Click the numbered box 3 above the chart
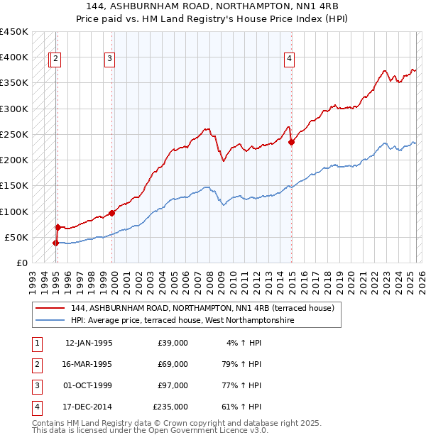click(110, 60)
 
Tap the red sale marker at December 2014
click(292, 142)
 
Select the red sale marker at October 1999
click(112, 212)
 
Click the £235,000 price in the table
click(170, 407)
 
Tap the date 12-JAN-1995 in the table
click(89, 343)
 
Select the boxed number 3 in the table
click(35, 385)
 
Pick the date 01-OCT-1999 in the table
click(89, 385)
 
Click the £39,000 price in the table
click(173, 343)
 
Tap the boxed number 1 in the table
click(35, 343)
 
